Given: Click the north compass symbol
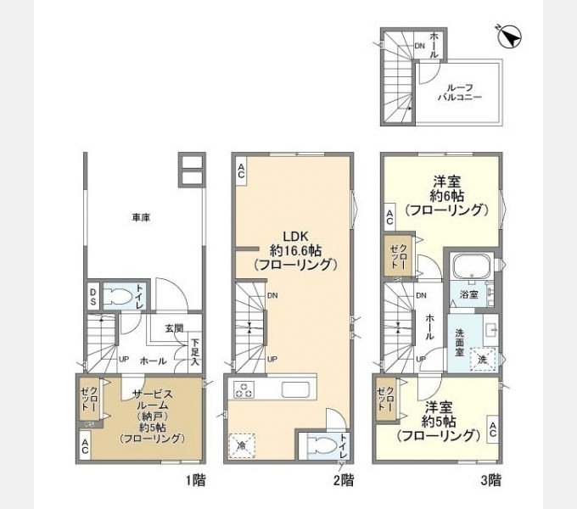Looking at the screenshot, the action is [509, 36].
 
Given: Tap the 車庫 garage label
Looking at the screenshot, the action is [141, 218].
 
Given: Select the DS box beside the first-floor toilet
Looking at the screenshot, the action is [93, 297].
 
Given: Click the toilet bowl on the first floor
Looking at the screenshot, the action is [117, 297].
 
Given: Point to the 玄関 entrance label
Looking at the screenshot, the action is [174, 328].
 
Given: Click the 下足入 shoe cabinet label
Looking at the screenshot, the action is [194, 352].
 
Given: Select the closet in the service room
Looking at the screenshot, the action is [89, 399].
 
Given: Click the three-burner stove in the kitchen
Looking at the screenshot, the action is [244, 390].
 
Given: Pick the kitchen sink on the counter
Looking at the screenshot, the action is [295, 390].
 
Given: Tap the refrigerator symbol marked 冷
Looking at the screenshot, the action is [242, 445].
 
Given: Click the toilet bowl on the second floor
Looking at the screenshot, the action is [322, 445].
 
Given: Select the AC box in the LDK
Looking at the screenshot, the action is [241, 171].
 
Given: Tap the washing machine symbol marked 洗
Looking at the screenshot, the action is [482, 360].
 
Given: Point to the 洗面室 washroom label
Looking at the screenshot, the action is [460, 343].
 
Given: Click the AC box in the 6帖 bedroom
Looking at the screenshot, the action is [390, 217].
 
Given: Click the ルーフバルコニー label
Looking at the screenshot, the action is [460, 92].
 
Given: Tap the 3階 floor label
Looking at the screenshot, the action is [491, 480].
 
